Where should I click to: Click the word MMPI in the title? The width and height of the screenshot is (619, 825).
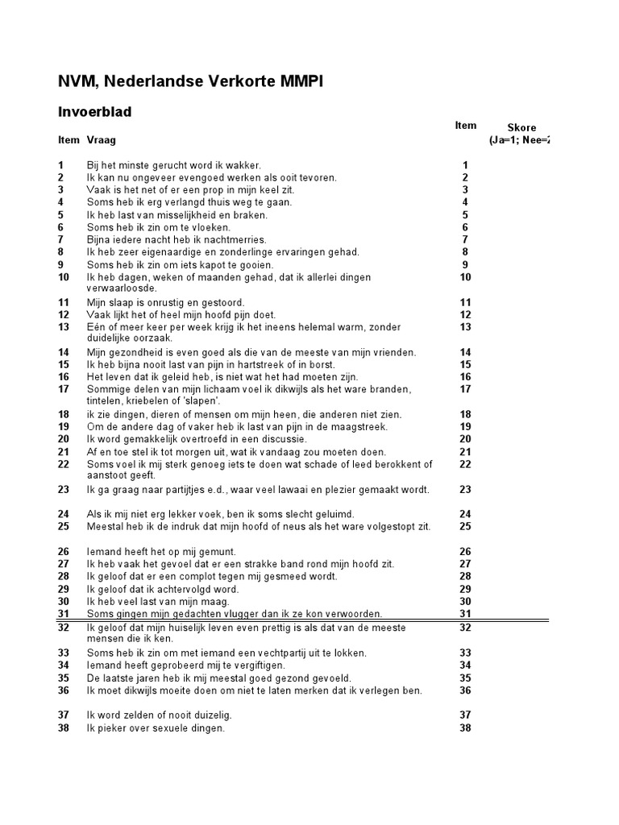(x=301, y=81)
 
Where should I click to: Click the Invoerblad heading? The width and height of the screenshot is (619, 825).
(x=94, y=112)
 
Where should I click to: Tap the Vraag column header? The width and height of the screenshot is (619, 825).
(x=102, y=139)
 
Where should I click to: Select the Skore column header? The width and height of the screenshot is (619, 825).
(x=521, y=127)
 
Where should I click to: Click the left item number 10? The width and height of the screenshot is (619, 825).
(x=64, y=277)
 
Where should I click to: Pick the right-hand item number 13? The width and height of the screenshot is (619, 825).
(x=465, y=327)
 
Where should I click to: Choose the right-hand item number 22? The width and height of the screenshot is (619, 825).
(x=465, y=464)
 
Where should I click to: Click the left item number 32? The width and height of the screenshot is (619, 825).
(x=64, y=628)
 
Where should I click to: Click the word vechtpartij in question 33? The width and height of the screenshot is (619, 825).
(x=263, y=653)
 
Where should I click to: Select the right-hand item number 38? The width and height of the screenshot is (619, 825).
(x=465, y=728)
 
